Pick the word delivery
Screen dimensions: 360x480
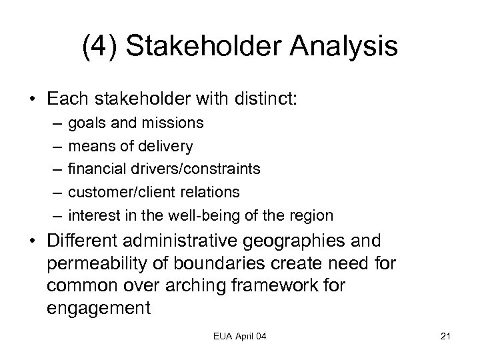pyautogui.click(x=166, y=146)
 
